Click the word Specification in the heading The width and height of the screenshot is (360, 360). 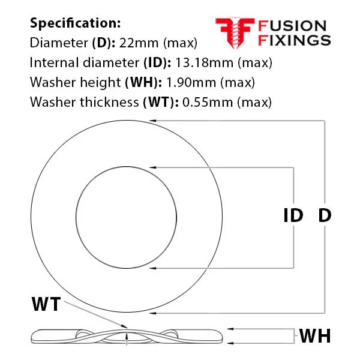coord(75,23)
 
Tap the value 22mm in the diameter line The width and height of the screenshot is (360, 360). coord(139,43)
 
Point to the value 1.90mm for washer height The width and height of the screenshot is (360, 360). coord(191,82)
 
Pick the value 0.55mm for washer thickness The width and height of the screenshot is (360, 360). coord(208,102)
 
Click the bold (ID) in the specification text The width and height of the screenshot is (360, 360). coord(157,62)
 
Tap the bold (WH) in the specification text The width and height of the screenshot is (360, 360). coord(143,82)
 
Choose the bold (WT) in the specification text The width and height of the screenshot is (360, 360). coord(161,102)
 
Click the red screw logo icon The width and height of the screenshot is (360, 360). coord(235,33)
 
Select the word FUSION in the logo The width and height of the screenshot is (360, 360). coord(292,25)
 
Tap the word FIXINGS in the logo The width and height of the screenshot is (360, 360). coord(295,40)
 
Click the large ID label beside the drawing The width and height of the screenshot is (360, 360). coord(293,215)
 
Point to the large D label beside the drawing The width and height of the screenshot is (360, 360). coord(325,215)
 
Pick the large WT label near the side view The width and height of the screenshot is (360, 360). coord(46,304)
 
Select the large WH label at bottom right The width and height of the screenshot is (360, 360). coord(315,336)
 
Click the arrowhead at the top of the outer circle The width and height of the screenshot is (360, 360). coord(152,121)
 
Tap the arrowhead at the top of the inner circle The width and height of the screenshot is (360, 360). coord(152,167)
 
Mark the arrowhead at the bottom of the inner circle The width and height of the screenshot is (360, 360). coord(152,268)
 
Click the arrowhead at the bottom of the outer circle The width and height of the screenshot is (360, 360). coord(152,313)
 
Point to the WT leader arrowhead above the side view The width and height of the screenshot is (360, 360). coord(124,326)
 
